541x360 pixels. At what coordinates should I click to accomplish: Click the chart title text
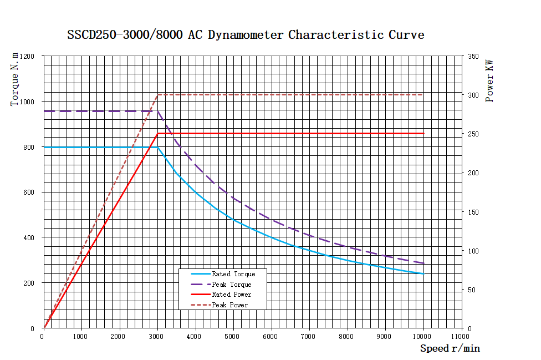246,35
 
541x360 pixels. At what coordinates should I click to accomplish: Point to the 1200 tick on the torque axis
27,57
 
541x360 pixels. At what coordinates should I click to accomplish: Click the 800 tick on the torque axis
28,147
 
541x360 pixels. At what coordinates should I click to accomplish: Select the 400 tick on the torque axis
28,237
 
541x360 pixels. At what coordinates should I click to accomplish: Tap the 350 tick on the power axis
473,57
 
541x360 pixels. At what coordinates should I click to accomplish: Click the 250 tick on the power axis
473,134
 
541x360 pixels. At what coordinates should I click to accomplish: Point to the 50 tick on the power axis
471,290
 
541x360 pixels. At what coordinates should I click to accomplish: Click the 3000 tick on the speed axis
157,336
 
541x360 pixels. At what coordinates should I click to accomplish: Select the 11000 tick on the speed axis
461,336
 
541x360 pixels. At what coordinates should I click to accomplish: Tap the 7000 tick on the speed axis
309,336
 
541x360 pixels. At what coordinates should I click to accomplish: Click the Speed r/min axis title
450,348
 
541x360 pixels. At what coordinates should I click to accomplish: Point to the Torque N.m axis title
16,78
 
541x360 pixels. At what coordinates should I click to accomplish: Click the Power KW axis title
489,81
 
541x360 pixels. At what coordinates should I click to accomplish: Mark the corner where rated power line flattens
158,134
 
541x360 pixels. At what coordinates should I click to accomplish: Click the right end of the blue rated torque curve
423,273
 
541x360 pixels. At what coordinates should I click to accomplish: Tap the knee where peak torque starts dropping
158,111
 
